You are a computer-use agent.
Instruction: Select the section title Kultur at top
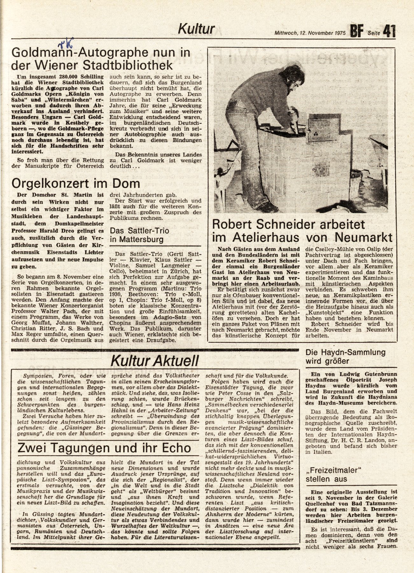[196, 29]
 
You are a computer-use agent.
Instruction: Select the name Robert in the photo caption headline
[235, 225]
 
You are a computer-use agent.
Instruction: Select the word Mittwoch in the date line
[285, 33]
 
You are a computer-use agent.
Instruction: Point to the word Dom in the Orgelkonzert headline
[127, 184]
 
